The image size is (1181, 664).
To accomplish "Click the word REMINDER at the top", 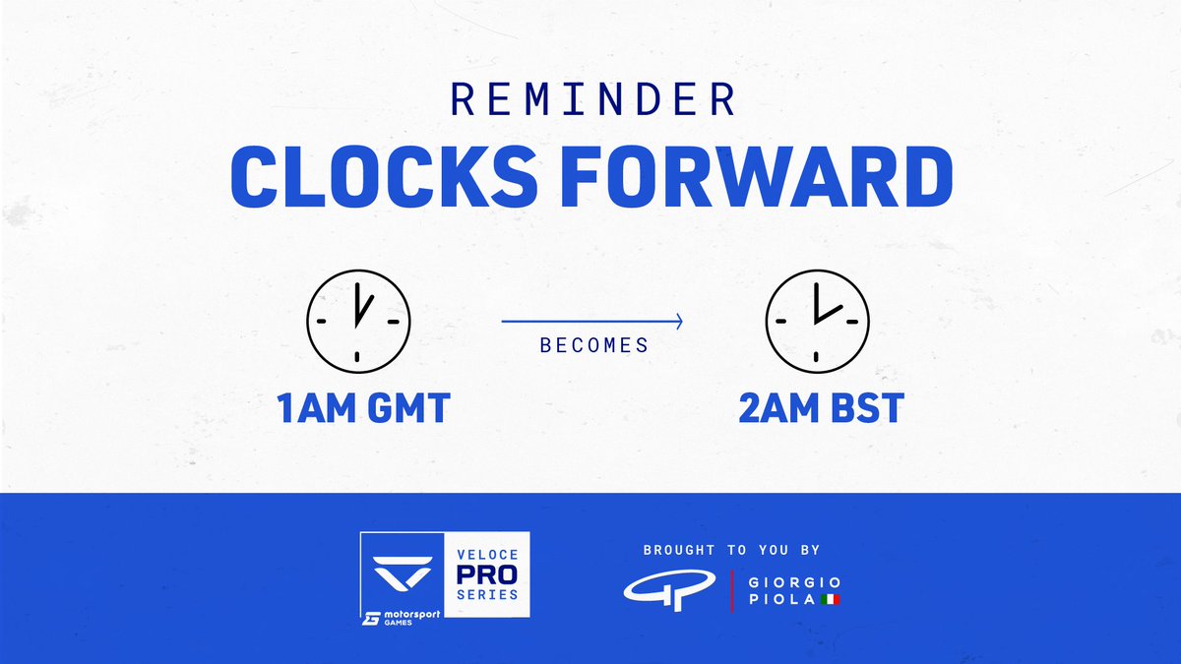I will coord(590,98).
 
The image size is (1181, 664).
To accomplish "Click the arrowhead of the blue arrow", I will coord(678,321).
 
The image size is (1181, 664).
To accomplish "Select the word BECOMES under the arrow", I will coord(593,346).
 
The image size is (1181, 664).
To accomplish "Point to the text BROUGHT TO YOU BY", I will coord(731,550).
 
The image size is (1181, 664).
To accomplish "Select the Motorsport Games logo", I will coord(404,617).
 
